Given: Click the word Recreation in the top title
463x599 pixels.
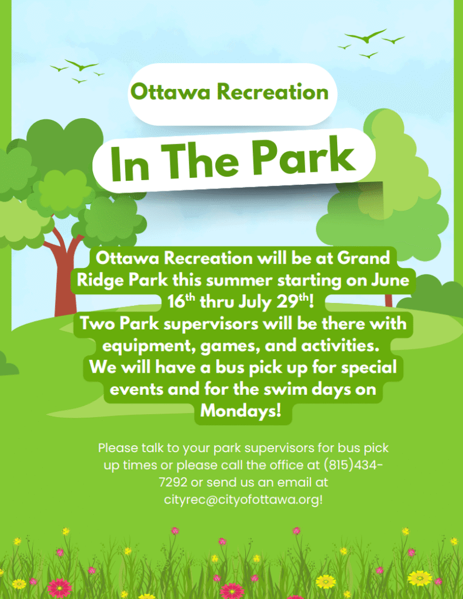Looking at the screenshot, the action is pos(273,92).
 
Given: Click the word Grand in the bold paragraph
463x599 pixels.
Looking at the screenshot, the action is pos(363,258).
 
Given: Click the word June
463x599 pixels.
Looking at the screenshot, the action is pos(390,280).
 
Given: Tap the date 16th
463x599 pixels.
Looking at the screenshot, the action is pos(181,301).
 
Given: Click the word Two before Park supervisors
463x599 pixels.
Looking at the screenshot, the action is pos(98,323).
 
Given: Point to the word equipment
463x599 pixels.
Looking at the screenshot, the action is pos(149,346).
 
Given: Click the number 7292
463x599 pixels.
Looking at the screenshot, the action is pos(173,482).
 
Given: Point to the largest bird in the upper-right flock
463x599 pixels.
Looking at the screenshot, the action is pos(366,36).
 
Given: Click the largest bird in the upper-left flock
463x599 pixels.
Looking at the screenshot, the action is pos(81,66).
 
